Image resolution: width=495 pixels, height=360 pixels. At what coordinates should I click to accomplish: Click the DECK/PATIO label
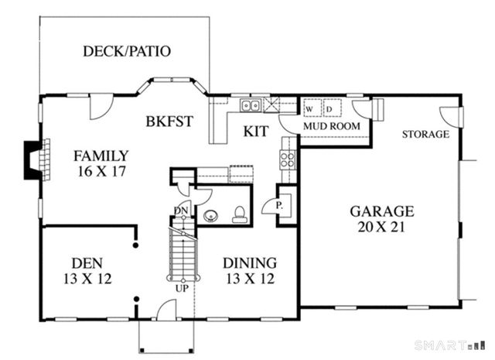click(127, 52)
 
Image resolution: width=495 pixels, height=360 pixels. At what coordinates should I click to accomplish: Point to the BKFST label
click(169, 122)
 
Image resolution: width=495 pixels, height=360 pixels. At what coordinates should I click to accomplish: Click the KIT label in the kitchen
click(255, 132)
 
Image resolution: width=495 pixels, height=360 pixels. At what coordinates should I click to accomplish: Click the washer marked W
click(309, 108)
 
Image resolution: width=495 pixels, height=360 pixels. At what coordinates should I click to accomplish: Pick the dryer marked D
click(329, 108)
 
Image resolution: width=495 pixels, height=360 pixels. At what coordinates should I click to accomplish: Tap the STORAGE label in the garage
click(425, 135)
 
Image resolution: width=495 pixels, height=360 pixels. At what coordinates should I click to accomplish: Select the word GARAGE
click(382, 211)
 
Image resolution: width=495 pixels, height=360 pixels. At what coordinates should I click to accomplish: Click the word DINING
click(249, 262)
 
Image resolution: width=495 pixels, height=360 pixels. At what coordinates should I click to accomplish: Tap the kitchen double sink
click(250, 106)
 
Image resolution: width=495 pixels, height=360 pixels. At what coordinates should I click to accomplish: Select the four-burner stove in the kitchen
click(288, 159)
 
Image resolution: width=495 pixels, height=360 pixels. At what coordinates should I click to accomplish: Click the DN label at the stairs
click(180, 211)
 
